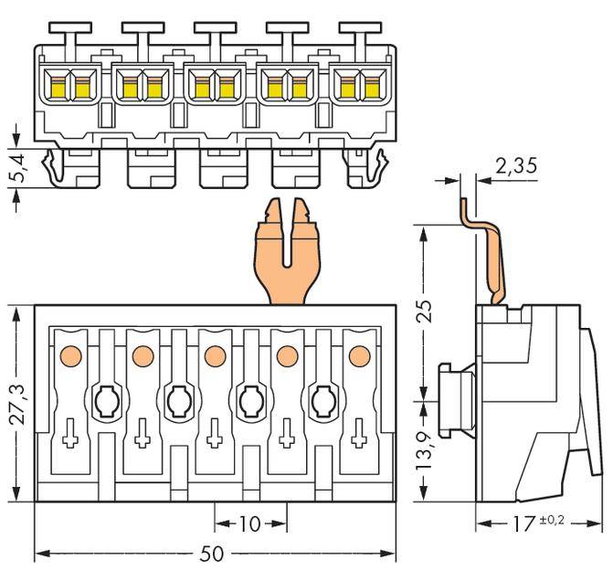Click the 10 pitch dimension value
point(249,524)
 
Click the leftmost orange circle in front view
point(69,354)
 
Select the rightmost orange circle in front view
point(359,354)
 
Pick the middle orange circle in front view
point(215,354)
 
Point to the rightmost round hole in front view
point(323,399)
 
